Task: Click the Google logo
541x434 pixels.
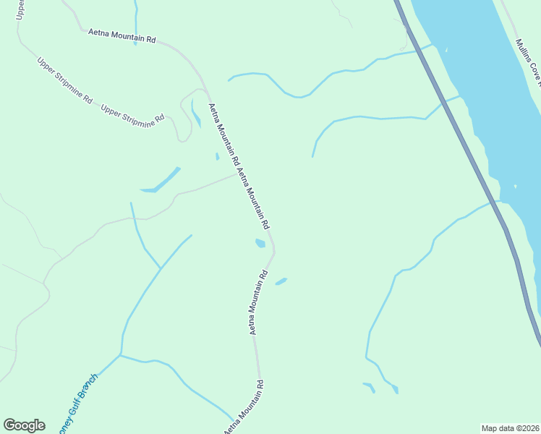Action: [x=24, y=425]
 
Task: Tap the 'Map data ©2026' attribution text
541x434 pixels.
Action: [x=510, y=428]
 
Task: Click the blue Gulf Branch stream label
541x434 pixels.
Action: [x=75, y=399]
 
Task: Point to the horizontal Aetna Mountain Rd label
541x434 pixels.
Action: [x=122, y=36]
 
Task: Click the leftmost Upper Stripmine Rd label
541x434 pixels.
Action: [x=65, y=80]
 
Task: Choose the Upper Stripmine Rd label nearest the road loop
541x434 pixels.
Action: [x=133, y=113]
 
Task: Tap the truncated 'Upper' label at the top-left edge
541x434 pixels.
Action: [x=20, y=9]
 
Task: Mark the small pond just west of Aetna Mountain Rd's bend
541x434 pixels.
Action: [x=260, y=243]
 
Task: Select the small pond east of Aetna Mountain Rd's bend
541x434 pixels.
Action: [x=281, y=281]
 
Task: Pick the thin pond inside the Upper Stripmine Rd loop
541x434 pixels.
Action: [x=196, y=114]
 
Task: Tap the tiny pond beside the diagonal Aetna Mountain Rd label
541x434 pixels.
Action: [x=217, y=156]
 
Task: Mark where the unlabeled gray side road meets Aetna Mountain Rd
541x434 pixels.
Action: [x=237, y=174]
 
